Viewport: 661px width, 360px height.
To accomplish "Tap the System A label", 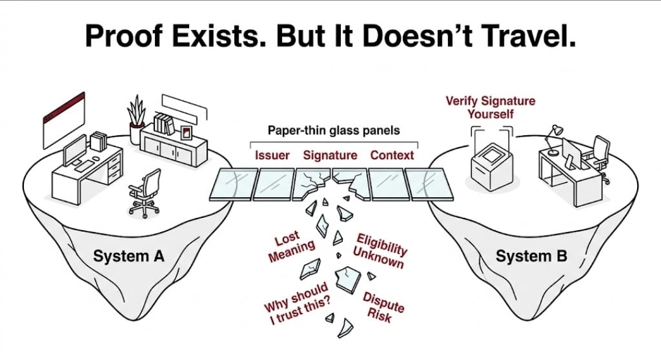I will pos(129,256).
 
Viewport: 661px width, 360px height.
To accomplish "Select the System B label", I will pos(531,256).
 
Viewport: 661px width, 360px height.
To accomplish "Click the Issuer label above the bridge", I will pos(272,156).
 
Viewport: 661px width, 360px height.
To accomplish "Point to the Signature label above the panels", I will pos(330,156).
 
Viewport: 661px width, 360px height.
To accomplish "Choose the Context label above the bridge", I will pos(392,156).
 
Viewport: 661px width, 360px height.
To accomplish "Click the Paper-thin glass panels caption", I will pos(334,130).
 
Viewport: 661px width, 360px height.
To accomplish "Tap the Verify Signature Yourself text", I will pos(490,107).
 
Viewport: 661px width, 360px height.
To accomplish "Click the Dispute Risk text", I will pos(383,306).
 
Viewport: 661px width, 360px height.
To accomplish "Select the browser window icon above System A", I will pos(63,116).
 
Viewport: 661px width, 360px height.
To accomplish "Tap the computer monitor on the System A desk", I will pos(75,150).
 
